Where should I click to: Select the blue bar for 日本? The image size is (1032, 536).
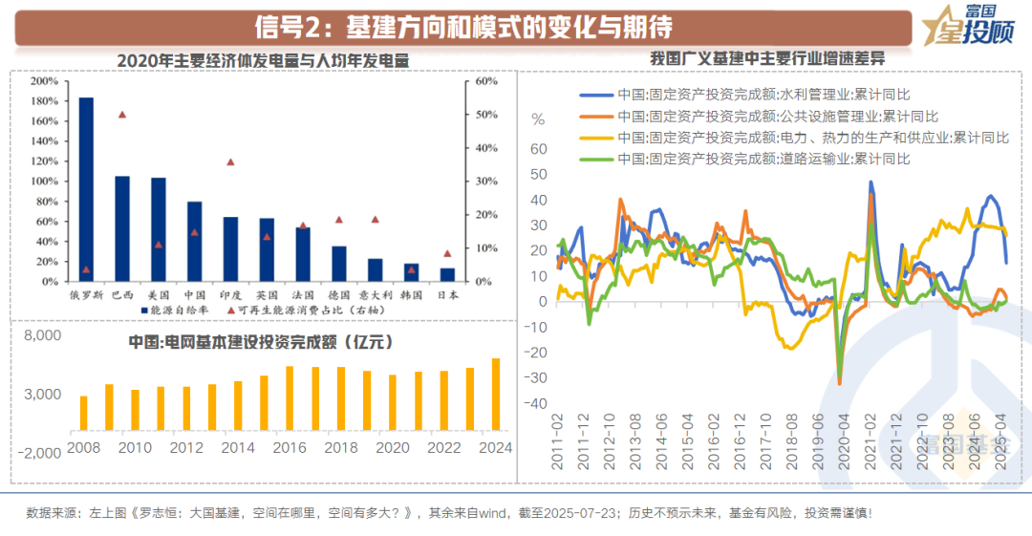coord(447,275)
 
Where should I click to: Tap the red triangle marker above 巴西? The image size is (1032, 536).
coord(122,115)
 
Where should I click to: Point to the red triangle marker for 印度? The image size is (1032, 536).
coord(230,162)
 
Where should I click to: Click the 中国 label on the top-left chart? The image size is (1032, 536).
coord(194,295)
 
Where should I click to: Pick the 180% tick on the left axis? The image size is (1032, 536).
coord(44,121)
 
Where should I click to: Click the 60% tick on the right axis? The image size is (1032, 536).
coord(486,81)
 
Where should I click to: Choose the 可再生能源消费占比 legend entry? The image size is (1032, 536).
coord(287,311)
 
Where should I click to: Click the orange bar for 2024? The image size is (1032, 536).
coord(496,395)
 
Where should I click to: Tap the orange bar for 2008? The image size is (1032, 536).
coord(83,413)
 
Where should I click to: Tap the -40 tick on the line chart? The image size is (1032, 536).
coord(538,403)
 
